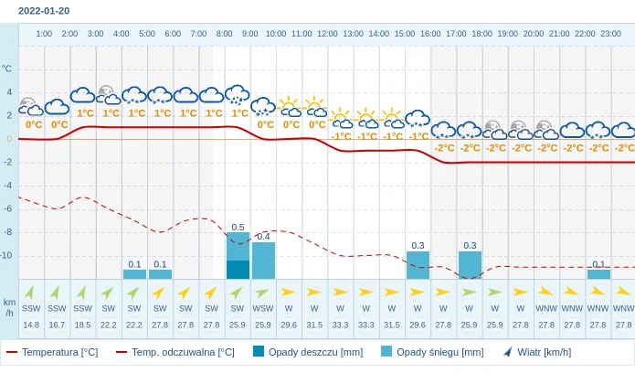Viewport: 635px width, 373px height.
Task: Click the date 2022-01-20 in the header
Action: point(44,11)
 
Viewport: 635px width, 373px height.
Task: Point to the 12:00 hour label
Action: point(327,34)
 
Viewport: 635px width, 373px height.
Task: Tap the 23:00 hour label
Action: point(611,34)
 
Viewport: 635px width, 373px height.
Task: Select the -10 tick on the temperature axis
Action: point(6,255)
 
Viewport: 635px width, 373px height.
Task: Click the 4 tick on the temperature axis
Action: point(9,92)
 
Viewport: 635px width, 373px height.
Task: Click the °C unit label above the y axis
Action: point(7,69)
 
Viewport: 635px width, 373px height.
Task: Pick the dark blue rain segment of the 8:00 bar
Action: point(238,270)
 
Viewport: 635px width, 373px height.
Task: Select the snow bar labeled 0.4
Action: point(263,261)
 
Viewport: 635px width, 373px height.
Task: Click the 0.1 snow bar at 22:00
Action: point(598,274)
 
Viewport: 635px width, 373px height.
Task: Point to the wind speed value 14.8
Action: point(31,325)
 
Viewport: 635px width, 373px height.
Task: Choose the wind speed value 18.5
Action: point(82,325)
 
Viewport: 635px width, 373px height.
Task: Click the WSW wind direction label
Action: point(263,308)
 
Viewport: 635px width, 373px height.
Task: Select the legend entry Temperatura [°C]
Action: point(52,352)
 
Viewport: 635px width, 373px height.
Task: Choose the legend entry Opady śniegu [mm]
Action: point(432,352)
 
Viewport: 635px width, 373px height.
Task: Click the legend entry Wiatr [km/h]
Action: point(537,352)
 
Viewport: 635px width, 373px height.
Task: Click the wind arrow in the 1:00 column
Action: point(31,293)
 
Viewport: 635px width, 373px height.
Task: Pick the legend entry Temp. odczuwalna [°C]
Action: point(175,352)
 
